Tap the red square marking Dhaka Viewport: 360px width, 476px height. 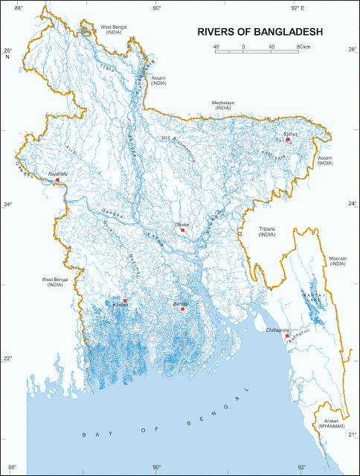pyautogui.click(x=182, y=230)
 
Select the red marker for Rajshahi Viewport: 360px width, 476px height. pyautogui.click(x=57, y=181)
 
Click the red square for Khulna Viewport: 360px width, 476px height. pyautogui.click(x=125, y=300)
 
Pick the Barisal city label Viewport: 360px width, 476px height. pyautogui.click(x=181, y=303)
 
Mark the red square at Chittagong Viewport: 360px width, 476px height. pyautogui.click(x=286, y=335)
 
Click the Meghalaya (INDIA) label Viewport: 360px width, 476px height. pyautogui.click(x=222, y=105)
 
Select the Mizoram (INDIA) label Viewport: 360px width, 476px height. pyautogui.click(x=338, y=261)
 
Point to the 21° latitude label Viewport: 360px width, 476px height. pyautogui.click(x=351, y=434)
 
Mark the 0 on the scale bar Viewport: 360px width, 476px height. pyautogui.click(x=243, y=48)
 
